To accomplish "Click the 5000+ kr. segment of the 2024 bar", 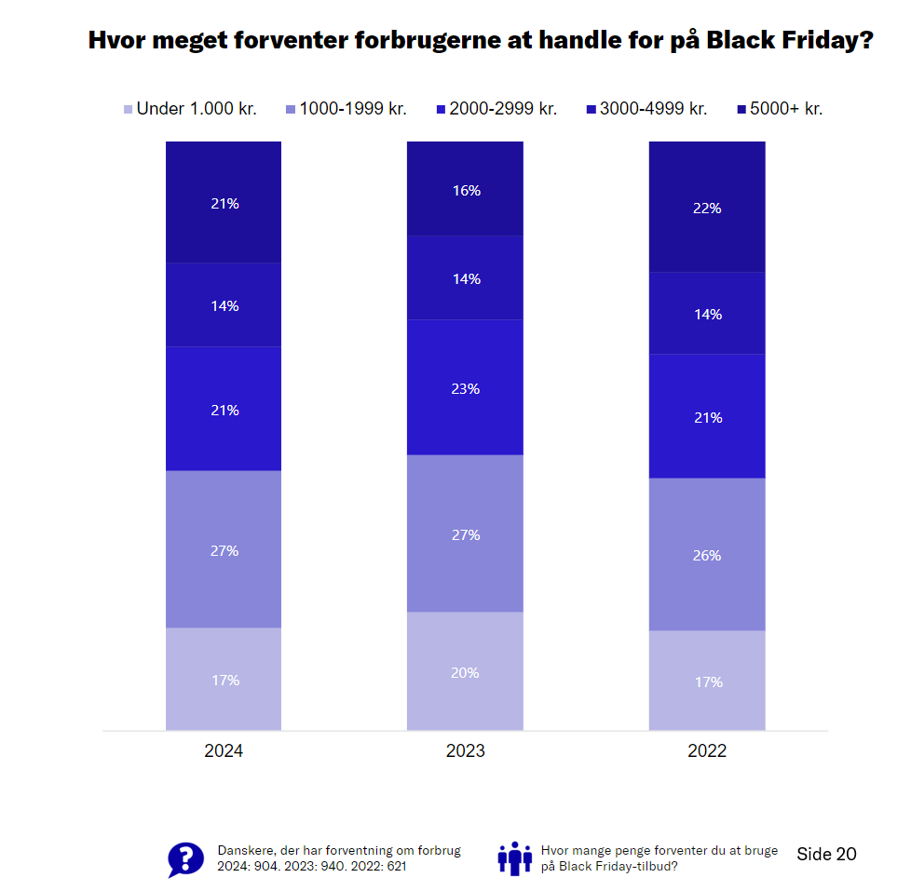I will coord(224,202).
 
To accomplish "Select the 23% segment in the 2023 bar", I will coord(465,387).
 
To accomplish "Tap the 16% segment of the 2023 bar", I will coord(465,189).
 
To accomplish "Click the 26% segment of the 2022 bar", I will coord(707,554).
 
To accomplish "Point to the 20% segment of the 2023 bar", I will coord(465,671).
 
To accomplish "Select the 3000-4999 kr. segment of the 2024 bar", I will coord(224,304).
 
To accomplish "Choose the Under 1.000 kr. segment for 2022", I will coord(707,681).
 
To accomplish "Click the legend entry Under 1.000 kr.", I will coord(190,109).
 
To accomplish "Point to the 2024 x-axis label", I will coord(224,751).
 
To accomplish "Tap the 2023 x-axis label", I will coord(465,751).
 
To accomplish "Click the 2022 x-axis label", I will coord(707,751).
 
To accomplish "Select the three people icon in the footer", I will coord(514,858).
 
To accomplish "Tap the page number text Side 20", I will coord(826,854).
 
